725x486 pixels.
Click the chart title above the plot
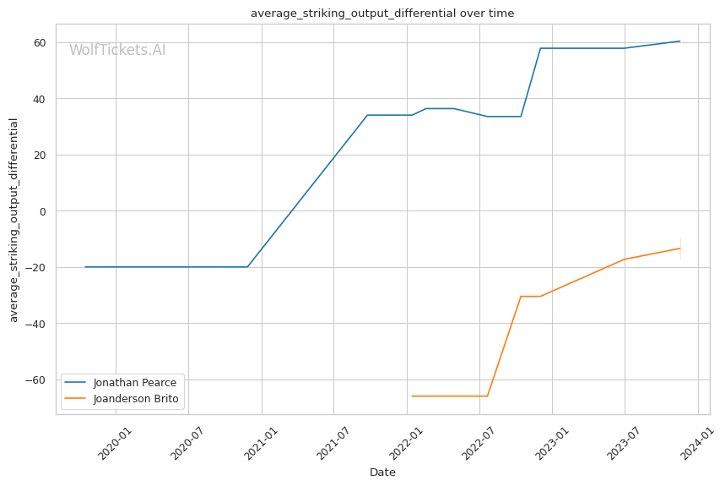(381, 14)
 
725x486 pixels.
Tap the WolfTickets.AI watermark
(117, 50)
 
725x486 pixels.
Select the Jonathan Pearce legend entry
(134, 383)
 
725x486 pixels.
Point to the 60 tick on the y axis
(41, 42)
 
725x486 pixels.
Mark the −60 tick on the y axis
(38, 380)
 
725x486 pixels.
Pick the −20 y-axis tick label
(38, 267)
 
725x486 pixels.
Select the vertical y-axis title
(14, 220)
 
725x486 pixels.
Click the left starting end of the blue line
(84, 267)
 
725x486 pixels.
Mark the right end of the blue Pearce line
(680, 41)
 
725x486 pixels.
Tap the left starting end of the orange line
(411, 396)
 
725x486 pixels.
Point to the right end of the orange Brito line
(680, 248)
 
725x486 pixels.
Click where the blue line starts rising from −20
(247, 267)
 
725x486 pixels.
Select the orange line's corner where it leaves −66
(487, 396)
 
